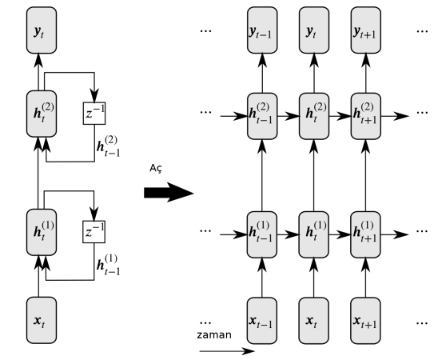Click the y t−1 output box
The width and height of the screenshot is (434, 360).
(262, 30)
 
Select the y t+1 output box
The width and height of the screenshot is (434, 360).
(366, 30)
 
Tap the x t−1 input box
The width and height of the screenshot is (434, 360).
(262, 321)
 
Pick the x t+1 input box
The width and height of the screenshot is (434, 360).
(365, 321)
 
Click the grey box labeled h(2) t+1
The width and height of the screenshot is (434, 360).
(366, 116)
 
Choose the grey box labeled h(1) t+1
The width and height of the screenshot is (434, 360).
(365, 234)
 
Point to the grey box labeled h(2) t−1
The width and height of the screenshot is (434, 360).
(262, 116)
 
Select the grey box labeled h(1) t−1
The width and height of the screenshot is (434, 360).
(262, 234)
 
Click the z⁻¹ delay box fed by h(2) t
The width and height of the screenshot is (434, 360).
(94, 114)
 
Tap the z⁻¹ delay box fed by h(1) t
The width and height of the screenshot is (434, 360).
(94, 232)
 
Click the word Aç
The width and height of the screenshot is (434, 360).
(156, 169)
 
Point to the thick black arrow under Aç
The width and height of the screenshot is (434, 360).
(169, 192)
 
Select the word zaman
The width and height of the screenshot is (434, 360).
(214, 334)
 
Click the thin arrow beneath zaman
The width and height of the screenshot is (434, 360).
(227, 351)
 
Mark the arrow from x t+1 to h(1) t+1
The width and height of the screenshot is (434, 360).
(365, 278)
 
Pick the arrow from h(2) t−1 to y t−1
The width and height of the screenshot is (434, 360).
(262, 73)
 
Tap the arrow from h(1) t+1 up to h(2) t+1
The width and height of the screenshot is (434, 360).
(366, 175)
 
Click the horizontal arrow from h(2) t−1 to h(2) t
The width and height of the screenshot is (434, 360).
(289, 116)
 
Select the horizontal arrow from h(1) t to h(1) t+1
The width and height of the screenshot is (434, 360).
(340, 234)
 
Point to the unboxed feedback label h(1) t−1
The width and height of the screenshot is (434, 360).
(109, 265)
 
